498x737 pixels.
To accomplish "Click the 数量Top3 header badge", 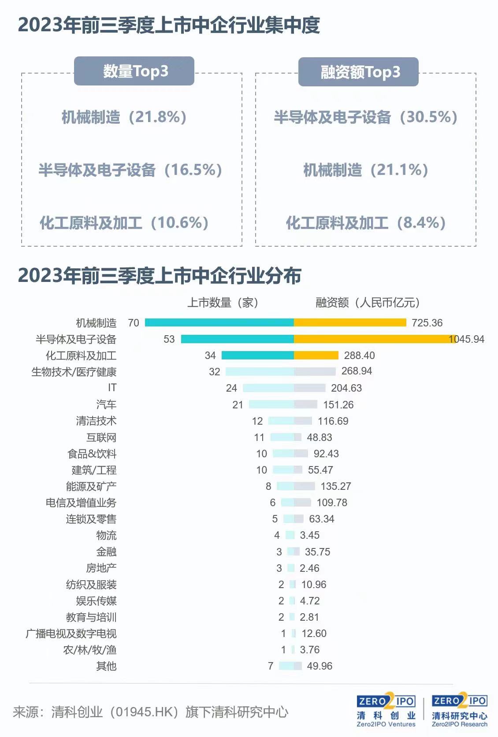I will pos(134,71).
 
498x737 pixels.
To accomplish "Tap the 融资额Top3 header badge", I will pos(358,72).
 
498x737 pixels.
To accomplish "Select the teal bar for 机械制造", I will pos(219,323).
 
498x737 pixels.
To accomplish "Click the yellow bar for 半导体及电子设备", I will pos(375,339).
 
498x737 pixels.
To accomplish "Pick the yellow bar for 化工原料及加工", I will pos(316,356).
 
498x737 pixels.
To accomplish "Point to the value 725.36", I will pos(427,323).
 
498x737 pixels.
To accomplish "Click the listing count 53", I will pos(169,339).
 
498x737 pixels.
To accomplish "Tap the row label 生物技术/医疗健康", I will pos(74,372).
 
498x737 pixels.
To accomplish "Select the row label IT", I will pos(112,388).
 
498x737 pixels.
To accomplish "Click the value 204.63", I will pos(346,388).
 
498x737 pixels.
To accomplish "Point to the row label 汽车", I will pos(106,404).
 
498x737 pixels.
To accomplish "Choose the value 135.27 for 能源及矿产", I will pos(335,486).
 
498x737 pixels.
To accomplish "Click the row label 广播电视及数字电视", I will pos(71,633).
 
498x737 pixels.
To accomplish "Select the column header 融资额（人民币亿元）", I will pos(368,303).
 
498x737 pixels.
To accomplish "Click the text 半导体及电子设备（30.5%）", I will pos(365,117).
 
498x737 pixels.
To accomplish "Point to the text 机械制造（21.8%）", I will pos(124,117).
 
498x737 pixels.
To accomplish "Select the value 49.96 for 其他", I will pos(319,666).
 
